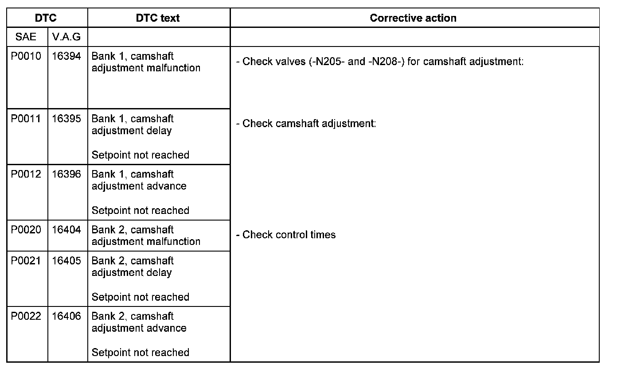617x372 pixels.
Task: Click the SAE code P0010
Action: [26, 57]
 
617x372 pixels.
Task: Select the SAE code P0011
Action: [26, 119]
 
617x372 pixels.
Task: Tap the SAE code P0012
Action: [26, 174]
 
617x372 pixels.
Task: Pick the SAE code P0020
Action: [26, 230]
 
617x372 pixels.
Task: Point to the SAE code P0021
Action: [26, 261]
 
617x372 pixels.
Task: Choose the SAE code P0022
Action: [26, 316]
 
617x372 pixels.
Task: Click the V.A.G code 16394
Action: [66, 57]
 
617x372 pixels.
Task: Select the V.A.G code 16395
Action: [66, 119]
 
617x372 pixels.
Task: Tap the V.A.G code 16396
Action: [66, 174]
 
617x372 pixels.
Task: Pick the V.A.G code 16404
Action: [66, 230]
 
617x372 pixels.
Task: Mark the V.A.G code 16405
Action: [66, 261]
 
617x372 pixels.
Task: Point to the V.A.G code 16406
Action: [66, 316]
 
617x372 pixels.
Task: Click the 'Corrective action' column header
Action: [413, 18]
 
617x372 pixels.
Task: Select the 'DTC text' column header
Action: [158, 18]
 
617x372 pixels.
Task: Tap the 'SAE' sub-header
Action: [26, 37]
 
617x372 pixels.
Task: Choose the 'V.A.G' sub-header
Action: [66, 37]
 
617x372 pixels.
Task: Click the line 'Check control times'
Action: [289, 235]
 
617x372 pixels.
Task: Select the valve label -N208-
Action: [384, 62]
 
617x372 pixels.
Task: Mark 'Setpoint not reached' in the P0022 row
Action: [140, 353]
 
